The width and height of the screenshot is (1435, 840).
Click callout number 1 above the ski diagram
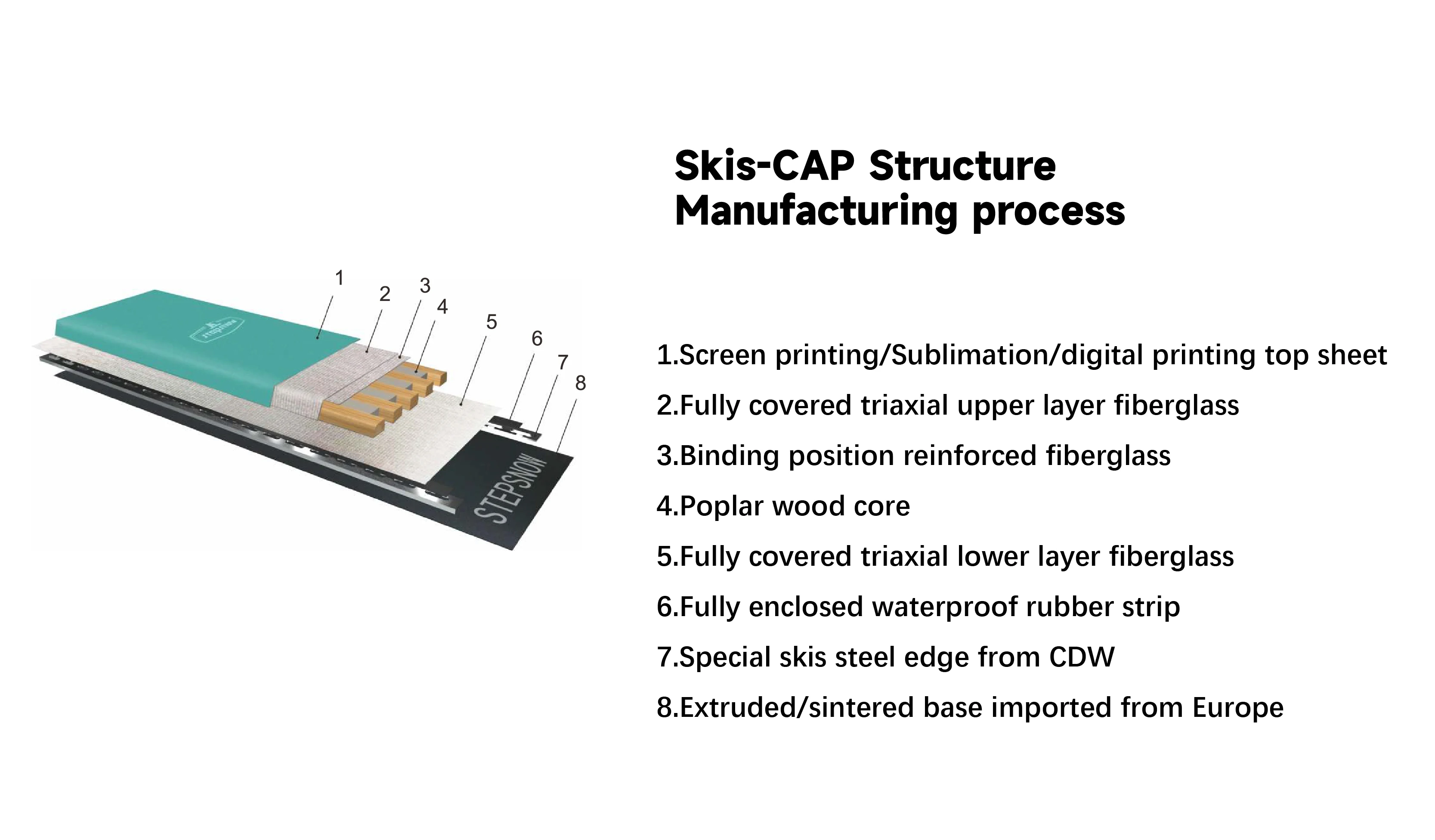click(340, 279)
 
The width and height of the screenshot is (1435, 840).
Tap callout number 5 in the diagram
click(492, 322)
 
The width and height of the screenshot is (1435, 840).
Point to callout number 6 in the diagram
click(536, 339)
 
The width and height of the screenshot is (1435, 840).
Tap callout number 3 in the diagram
click(425, 286)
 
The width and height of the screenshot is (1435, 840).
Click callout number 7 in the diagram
click(563, 362)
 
